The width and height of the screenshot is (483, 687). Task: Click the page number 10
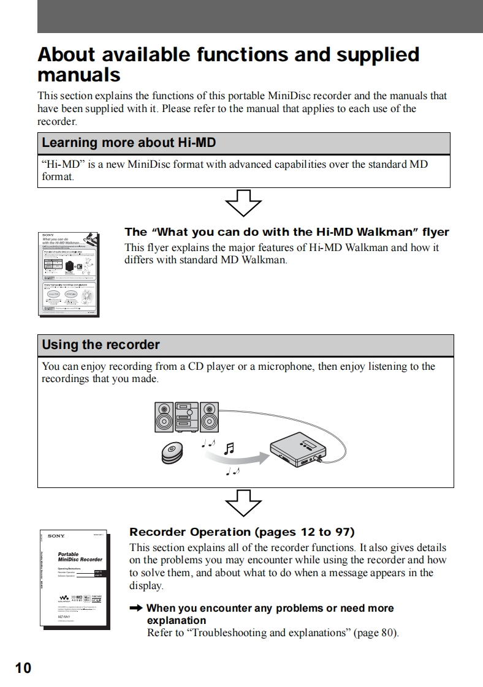23,668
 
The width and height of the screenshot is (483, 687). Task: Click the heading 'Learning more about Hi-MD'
128,143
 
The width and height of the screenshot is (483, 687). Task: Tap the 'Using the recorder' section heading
101,345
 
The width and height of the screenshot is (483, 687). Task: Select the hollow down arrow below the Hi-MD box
243,202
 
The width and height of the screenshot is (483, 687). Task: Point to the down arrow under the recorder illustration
243,503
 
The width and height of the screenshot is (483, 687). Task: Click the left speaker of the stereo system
164,416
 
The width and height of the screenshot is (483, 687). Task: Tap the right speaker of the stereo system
209,416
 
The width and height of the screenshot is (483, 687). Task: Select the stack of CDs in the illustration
172,452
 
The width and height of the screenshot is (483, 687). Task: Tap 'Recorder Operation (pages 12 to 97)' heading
241,531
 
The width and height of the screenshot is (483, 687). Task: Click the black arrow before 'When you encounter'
135,608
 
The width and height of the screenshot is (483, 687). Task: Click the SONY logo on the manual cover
56,536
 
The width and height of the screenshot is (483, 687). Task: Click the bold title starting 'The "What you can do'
286,232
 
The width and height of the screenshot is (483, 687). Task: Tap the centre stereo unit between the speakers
187,416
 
